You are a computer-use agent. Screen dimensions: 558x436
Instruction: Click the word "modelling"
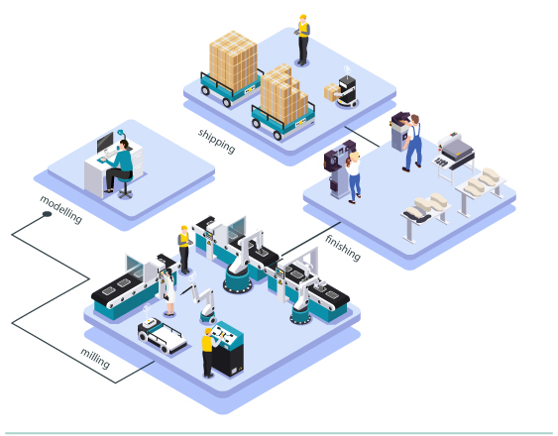click(60, 209)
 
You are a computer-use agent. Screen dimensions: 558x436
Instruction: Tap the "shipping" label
click(217, 141)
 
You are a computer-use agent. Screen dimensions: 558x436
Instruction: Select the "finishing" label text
click(343, 248)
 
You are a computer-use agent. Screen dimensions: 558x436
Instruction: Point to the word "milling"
click(95, 358)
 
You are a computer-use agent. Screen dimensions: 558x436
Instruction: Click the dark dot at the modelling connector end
click(47, 214)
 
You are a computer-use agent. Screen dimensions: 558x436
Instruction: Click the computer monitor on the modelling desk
click(105, 142)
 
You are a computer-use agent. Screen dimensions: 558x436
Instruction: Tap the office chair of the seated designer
click(125, 187)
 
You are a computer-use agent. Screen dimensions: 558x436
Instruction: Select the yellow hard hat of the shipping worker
click(303, 17)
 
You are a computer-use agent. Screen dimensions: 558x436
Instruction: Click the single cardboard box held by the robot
click(331, 92)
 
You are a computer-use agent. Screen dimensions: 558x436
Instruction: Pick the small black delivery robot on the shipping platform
click(347, 91)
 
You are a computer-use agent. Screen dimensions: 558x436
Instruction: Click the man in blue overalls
click(413, 143)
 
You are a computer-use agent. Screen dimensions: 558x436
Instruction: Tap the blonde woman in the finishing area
click(354, 177)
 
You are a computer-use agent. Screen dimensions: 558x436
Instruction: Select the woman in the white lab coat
click(168, 292)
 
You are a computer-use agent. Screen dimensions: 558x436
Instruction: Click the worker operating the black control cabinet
click(209, 353)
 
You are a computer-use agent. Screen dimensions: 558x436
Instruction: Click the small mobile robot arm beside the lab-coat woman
click(202, 302)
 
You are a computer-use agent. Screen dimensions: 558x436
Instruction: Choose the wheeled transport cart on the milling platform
click(162, 336)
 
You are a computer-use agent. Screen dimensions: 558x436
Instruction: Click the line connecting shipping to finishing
click(362, 137)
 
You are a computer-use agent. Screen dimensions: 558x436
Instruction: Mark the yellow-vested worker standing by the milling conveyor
click(184, 250)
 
